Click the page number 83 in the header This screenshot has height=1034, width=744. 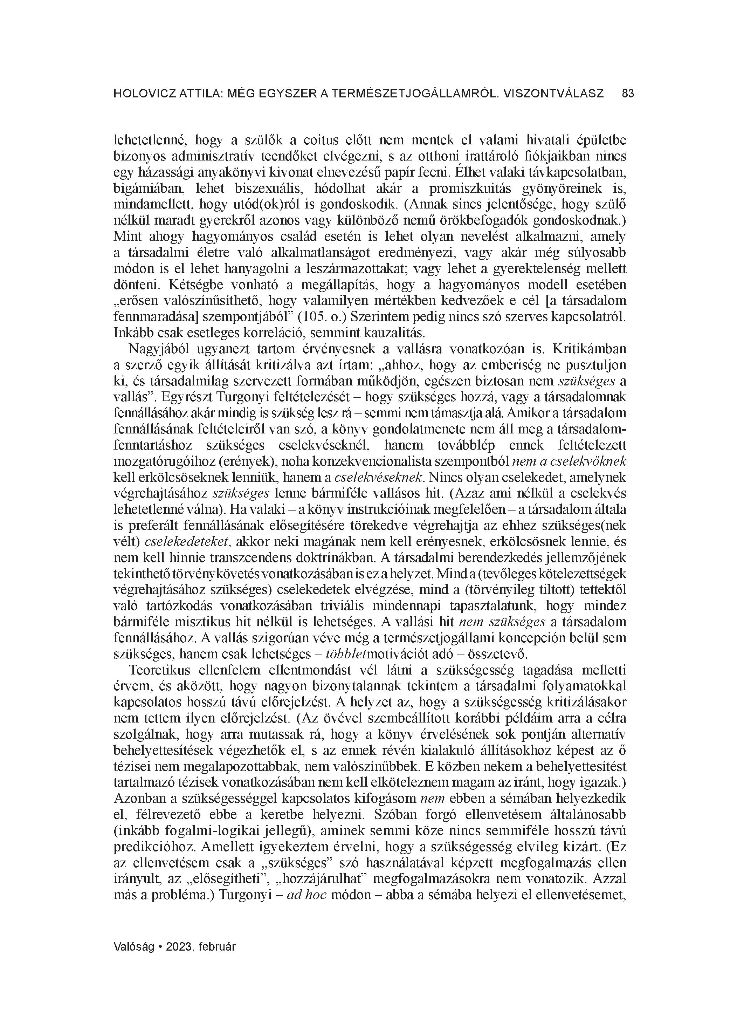click(x=628, y=94)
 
